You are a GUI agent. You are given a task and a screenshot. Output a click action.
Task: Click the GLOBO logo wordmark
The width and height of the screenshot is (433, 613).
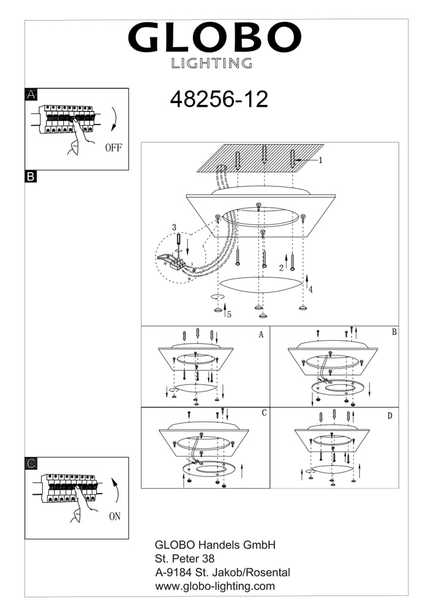(x=214, y=37)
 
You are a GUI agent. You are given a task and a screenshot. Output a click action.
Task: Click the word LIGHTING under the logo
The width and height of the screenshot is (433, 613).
(x=212, y=63)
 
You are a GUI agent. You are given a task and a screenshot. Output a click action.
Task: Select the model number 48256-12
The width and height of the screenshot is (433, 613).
(x=219, y=99)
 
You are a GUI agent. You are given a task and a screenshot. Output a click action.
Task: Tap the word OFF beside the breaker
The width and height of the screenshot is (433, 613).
(x=113, y=148)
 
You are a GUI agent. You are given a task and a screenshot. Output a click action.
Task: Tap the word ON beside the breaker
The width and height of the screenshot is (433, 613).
(x=115, y=516)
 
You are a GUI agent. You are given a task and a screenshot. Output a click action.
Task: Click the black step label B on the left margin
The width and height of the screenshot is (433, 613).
(x=31, y=177)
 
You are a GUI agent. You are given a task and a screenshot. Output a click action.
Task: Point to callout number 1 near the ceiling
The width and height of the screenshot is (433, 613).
(x=320, y=160)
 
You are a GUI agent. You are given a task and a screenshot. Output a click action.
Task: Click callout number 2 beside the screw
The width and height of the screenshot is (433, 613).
(x=281, y=268)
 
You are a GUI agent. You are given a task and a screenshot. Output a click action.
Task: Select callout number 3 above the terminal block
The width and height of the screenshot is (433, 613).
(x=174, y=227)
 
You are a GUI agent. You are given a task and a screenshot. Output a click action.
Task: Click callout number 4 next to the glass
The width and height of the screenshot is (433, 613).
(x=311, y=290)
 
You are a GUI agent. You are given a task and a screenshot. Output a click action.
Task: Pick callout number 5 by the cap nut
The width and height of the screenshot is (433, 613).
(x=229, y=314)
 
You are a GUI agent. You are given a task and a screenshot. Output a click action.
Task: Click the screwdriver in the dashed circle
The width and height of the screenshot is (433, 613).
(x=179, y=244)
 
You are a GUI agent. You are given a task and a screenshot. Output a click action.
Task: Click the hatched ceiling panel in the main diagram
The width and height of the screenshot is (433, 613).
(x=260, y=158)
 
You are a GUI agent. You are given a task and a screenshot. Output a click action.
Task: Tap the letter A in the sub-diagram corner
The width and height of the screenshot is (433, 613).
(x=261, y=335)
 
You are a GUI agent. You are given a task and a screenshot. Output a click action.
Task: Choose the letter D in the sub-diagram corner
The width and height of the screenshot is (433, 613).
(x=390, y=416)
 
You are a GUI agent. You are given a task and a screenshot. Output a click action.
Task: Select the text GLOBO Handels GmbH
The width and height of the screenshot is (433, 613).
(x=215, y=544)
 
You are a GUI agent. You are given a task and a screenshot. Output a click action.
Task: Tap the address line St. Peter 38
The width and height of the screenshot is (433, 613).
(x=185, y=558)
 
